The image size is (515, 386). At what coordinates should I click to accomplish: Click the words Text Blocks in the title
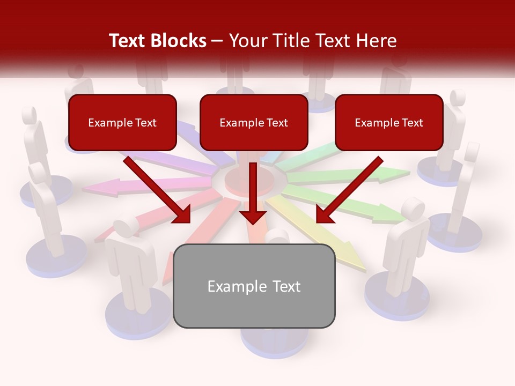click(x=157, y=41)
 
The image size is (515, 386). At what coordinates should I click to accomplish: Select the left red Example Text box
click(x=122, y=123)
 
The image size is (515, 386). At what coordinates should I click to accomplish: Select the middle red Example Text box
click(x=254, y=123)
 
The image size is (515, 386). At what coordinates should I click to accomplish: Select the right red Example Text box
click(x=389, y=123)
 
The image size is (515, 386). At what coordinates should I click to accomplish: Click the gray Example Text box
click(x=254, y=286)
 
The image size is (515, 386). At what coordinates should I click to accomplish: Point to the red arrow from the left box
click(x=156, y=188)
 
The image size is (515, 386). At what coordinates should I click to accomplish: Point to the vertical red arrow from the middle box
click(x=253, y=188)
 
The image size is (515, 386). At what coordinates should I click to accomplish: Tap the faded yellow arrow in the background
click(x=322, y=236)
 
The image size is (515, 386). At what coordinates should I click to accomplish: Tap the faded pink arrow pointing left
click(x=134, y=185)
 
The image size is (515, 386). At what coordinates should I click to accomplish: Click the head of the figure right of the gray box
click(x=413, y=208)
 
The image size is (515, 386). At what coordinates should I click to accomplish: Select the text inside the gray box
click(x=254, y=286)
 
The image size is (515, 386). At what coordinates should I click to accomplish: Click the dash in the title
click(x=217, y=41)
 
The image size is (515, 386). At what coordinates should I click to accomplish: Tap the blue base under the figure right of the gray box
click(x=397, y=295)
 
